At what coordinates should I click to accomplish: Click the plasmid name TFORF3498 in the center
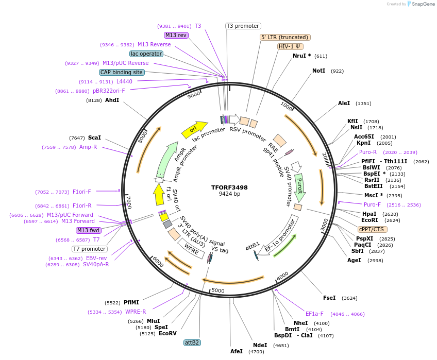pyautogui.click(x=229, y=187)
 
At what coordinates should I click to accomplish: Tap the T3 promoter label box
pyautogui.click(x=243, y=26)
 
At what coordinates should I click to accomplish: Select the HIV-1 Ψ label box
pyautogui.click(x=290, y=46)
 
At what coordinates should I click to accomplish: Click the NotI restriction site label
pyautogui.click(x=318, y=71)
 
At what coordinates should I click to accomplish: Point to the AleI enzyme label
pyautogui.click(x=344, y=104)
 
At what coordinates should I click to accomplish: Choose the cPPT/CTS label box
pyautogui.click(x=372, y=229)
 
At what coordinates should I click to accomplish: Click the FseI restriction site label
pyautogui.click(x=329, y=298)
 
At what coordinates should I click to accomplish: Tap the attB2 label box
pyautogui.click(x=192, y=342)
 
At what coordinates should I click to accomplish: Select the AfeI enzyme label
pyautogui.click(x=236, y=351)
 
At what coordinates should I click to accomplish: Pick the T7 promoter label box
pyautogui.click(x=90, y=249)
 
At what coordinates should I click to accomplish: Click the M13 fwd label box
pyautogui.click(x=88, y=230)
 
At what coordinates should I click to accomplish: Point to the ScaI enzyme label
pyautogui.click(x=94, y=138)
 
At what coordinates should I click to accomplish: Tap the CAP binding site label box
pyautogui.click(x=122, y=72)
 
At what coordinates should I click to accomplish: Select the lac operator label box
pyautogui.click(x=146, y=54)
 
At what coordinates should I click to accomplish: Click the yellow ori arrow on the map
pyautogui.click(x=194, y=129)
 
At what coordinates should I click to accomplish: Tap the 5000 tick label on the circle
pyautogui.click(x=218, y=290)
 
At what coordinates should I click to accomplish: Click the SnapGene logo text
pyautogui.click(x=423, y=4)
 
